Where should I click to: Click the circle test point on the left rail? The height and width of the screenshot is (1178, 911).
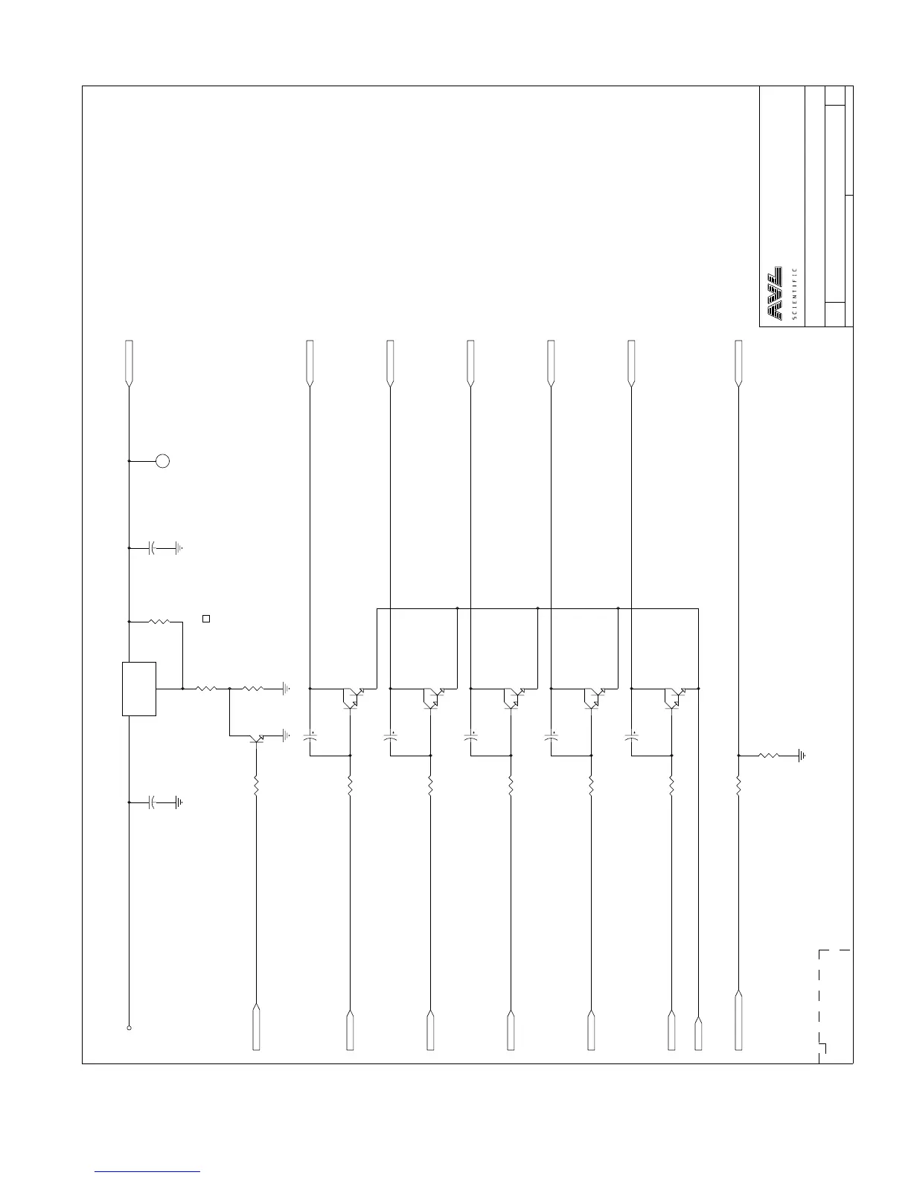[162, 461]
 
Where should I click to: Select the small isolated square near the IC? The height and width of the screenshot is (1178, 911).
[207, 618]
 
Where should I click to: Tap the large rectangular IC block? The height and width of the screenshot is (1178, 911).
[139, 689]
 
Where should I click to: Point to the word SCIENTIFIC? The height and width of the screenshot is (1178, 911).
[795, 294]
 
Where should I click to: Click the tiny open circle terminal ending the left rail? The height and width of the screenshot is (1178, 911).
[130, 1028]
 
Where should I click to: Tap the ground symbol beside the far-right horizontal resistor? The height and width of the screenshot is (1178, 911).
[801, 756]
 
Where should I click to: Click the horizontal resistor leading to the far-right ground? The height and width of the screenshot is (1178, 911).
[769, 756]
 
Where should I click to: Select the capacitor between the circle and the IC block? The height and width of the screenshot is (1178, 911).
[153, 548]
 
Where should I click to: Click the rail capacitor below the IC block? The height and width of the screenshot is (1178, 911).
[153, 802]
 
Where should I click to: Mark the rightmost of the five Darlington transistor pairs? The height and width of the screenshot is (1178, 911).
[674, 697]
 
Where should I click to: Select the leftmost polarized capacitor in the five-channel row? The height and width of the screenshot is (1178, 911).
[310, 738]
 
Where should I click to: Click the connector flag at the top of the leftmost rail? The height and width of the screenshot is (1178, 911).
[130, 363]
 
